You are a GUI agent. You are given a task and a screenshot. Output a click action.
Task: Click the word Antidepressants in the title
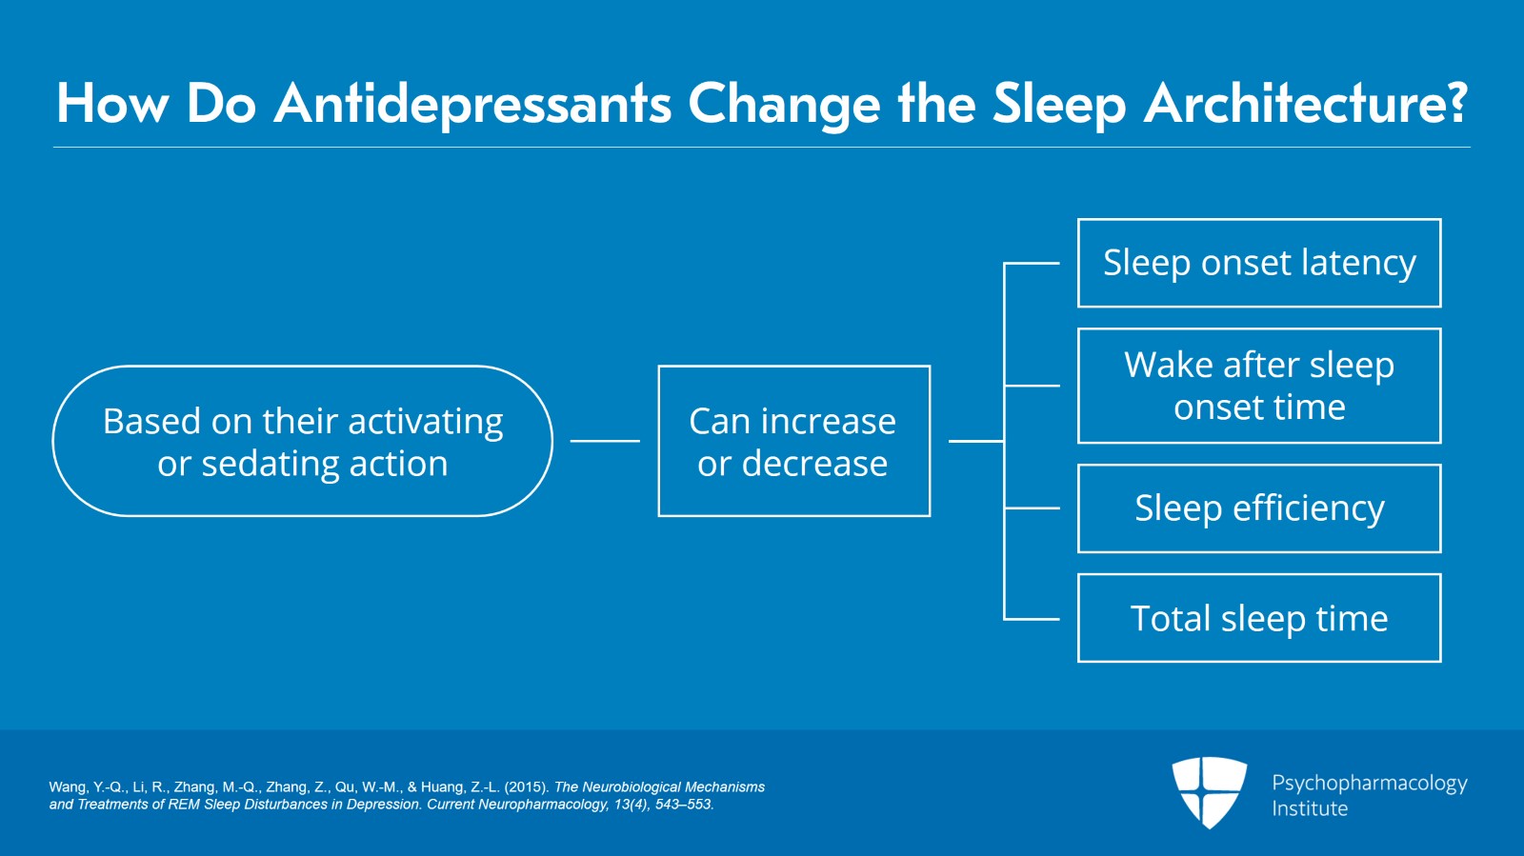click(x=472, y=104)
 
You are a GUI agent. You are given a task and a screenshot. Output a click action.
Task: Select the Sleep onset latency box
click(x=1258, y=263)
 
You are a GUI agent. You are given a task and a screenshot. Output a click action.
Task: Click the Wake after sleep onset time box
click(x=1258, y=386)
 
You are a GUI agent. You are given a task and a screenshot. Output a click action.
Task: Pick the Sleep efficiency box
click(x=1258, y=508)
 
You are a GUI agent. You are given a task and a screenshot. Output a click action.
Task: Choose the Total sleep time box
click(x=1258, y=618)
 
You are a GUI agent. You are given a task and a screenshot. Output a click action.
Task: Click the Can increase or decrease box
click(x=793, y=441)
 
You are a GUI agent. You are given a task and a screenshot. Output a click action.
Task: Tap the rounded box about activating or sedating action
click(x=302, y=441)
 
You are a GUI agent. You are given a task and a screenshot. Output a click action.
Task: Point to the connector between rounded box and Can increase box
click(x=605, y=441)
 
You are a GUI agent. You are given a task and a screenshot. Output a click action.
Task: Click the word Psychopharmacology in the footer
click(x=1369, y=783)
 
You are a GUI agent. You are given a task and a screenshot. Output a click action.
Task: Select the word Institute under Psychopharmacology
click(x=1309, y=808)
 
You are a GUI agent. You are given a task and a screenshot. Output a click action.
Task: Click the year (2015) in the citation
click(x=527, y=787)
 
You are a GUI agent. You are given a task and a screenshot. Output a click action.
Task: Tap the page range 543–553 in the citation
click(x=683, y=805)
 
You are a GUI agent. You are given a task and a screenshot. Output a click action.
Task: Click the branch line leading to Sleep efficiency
click(x=1033, y=508)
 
